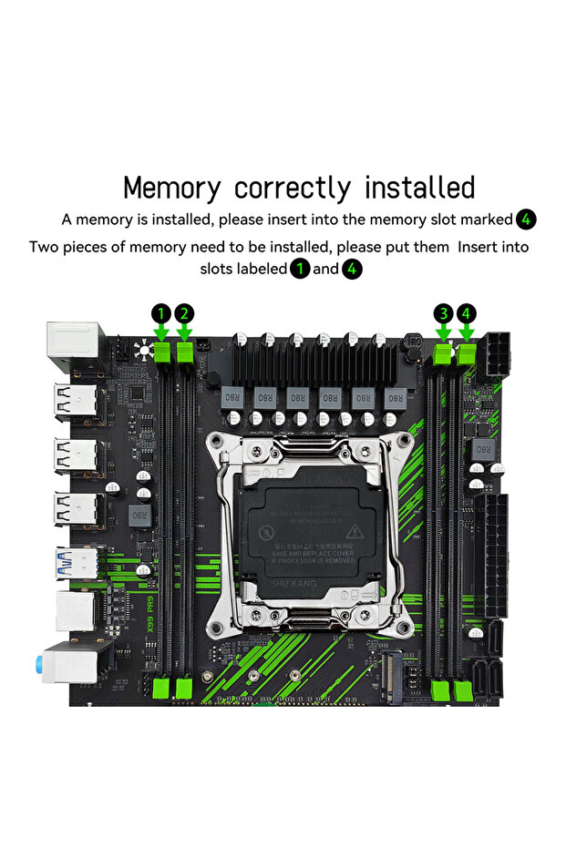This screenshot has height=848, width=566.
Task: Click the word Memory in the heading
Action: pos(171,188)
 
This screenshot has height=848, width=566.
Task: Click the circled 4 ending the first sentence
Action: pos(526,220)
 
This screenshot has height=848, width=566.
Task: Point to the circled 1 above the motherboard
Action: pos(161,313)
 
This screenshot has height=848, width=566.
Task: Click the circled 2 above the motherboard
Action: pos(184,313)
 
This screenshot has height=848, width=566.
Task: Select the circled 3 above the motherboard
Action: pos(443,313)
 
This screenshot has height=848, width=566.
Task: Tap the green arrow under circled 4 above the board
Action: pos(467,334)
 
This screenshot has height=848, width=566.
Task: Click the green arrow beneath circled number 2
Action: pos(184,334)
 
